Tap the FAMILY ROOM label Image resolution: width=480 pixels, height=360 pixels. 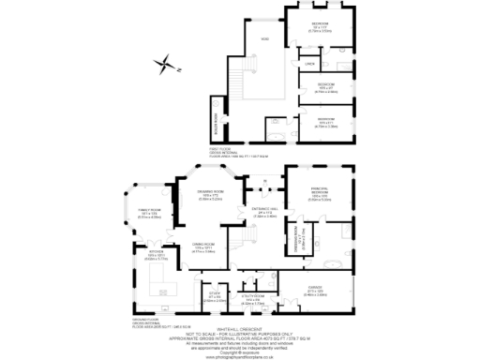click(151, 212)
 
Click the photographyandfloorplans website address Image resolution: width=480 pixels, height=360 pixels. click(241, 354)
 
